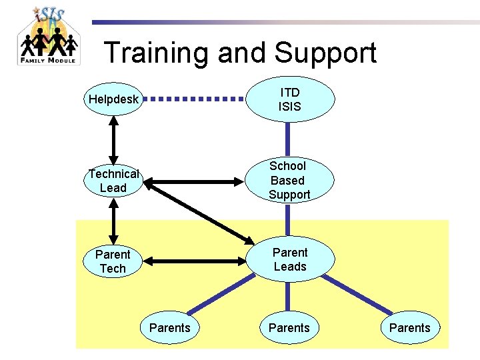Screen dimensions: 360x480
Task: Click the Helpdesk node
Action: click(x=113, y=99)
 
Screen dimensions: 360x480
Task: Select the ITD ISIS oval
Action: click(x=290, y=99)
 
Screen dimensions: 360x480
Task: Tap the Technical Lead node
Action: click(x=113, y=181)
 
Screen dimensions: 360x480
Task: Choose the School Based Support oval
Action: click(x=289, y=181)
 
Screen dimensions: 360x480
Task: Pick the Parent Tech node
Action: click(x=113, y=261)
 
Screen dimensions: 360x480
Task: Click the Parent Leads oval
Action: click(x=290, y=260)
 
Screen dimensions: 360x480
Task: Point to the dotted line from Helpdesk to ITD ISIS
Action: click(x=194, y=99)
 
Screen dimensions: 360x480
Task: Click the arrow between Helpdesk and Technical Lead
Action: click(x=114, y=140)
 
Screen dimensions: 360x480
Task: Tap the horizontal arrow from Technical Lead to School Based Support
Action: click(x=194, y=180)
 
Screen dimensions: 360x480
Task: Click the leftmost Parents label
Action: click(x=169, y=327)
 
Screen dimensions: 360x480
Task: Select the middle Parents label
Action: click(x=289, y=327)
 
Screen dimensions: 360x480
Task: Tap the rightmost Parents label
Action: click(x=409, y=327)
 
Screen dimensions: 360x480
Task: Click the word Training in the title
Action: click(x=158, y=53)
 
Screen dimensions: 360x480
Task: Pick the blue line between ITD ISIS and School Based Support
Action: click(x=289, y=140)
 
